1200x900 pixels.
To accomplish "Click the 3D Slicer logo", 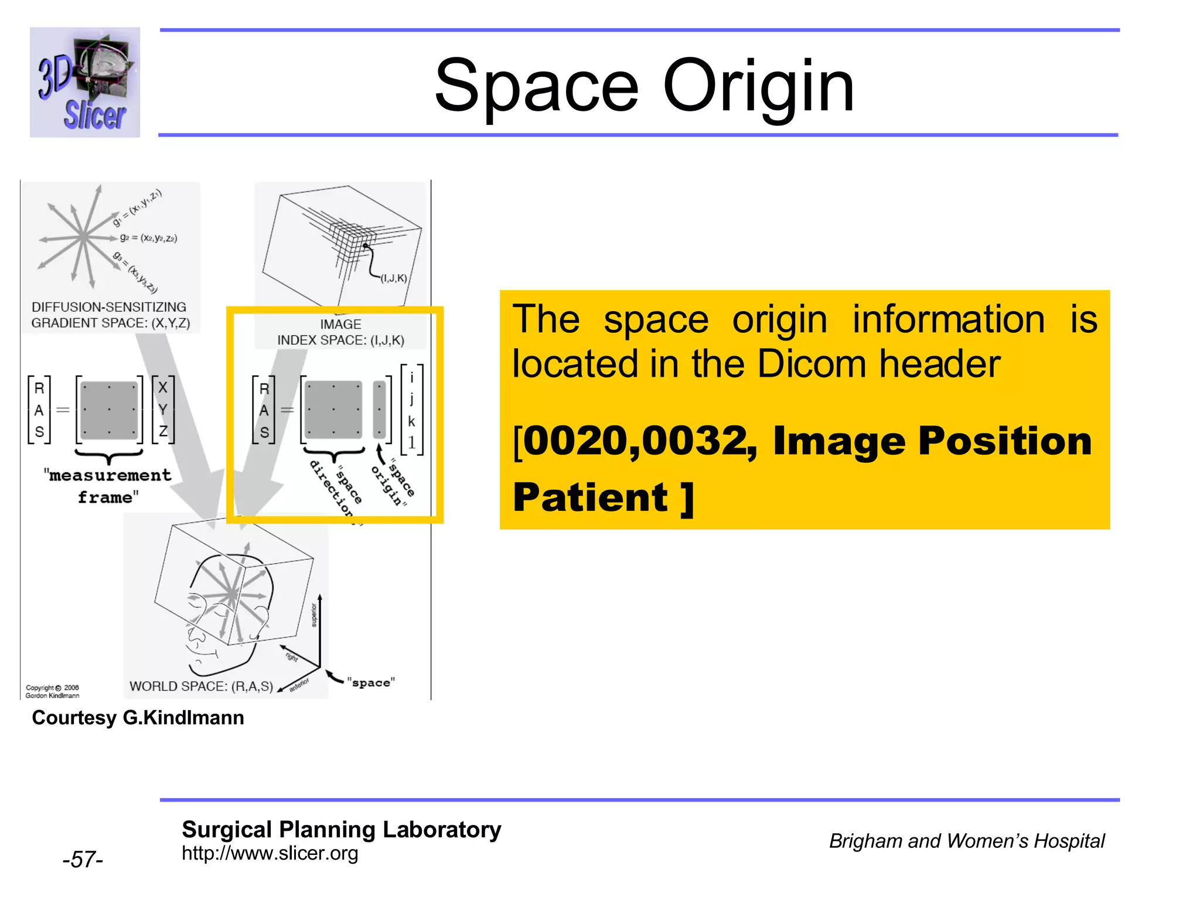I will click(85, 82).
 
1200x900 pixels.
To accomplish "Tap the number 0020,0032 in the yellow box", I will click(635, 441).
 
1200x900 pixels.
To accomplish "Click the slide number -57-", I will click(83, 860).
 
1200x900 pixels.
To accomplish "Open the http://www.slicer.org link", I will click(270, 853).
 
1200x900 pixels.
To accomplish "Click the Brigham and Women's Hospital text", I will click(966, 841).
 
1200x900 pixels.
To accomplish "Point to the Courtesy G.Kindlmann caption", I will click(138, 718).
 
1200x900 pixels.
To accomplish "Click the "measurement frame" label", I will click(108, 486).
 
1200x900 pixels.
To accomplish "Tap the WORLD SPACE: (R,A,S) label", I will click(201, 686).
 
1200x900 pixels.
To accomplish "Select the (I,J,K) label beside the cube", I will click(394, 278).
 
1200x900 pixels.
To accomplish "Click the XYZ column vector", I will click(163, 410).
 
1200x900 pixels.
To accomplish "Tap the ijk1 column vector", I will click(411, 410).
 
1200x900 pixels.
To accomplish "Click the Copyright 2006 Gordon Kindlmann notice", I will click(52, 691).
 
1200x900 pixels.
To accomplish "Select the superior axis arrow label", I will click(314, 615).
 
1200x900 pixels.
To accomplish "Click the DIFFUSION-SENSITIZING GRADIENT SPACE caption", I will click(110, 315).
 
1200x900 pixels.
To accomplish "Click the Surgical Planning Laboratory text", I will click(341, 830).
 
